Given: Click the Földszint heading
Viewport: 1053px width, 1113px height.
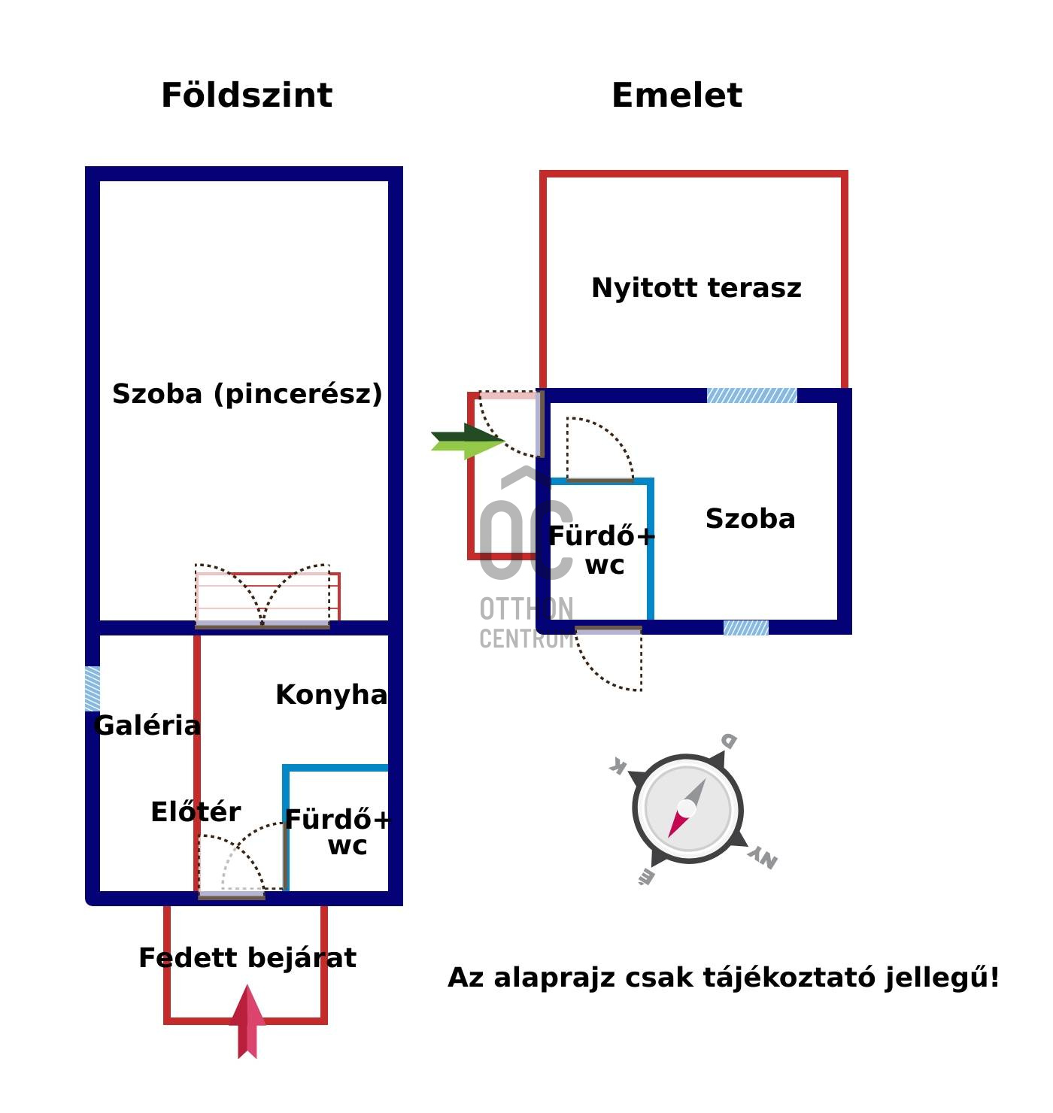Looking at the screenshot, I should coord(247,96).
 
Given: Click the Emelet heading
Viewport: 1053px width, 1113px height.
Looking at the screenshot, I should coord(677,96).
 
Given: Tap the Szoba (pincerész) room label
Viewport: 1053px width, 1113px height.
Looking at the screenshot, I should coord(247,394).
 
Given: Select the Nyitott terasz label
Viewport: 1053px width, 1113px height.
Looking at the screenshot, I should coord(696,288).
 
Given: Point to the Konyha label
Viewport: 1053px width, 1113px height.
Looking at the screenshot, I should coord(332,695).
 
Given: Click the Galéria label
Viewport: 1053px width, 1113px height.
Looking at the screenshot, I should coord(148,726).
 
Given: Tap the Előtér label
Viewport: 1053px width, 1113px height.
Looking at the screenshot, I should coord(196,812).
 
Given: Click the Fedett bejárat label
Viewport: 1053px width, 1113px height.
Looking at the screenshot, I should coord(247,958).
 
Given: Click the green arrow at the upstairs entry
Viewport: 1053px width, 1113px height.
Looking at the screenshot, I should coord(466,441).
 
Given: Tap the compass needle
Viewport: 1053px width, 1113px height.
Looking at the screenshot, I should coord(687,808).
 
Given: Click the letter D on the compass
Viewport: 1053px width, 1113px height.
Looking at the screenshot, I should coord(728,741).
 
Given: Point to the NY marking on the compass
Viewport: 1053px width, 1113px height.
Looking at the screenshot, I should coord(763,857).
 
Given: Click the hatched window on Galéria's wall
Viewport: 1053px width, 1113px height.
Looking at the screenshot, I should coord(93,688).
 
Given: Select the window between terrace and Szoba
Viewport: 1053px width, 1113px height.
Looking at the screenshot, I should coord(752,396).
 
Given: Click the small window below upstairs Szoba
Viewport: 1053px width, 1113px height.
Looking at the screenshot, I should coord(746,627).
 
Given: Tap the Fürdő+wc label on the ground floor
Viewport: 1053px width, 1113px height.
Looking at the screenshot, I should coord(338,832).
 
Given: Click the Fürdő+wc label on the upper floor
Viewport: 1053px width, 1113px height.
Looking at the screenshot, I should coord(602,550).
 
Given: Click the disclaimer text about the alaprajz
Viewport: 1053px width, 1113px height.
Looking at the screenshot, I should coord(724,978).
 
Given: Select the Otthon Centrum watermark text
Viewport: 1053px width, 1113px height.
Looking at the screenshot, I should coord(526,623).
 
